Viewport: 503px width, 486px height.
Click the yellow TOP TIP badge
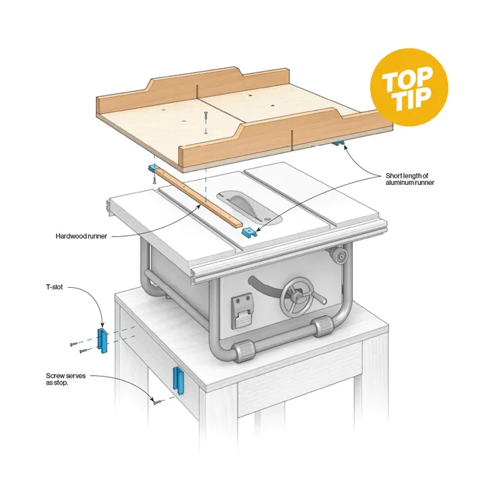click(409, 87)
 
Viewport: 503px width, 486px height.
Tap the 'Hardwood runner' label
click(81, 237)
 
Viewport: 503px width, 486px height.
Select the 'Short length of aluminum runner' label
click(410, 179)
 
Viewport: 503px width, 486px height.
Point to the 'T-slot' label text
click(54, 287)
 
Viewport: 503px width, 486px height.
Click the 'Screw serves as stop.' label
click(66, 379)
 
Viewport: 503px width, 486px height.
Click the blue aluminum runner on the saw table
click(249, 232)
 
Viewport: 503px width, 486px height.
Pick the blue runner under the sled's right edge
click(339, 143)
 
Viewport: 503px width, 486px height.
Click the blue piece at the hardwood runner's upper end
click(153, 168)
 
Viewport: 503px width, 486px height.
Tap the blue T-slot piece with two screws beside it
click(102, 340)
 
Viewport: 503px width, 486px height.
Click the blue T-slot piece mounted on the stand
click(178, 380)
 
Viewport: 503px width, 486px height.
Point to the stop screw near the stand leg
click(157, 401)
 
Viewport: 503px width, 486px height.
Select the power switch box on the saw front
click(242, 311)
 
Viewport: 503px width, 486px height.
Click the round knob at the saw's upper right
click(338, 255)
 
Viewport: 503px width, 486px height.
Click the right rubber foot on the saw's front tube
click(323, 326)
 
